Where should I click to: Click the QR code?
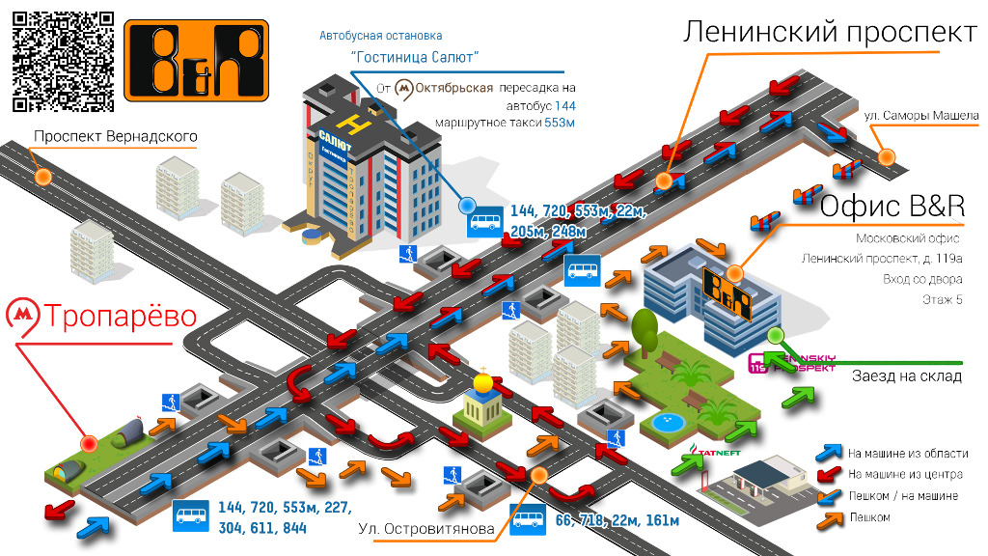[64, 60]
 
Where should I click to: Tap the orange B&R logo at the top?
[195, 60]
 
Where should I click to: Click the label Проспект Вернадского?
[115, 136]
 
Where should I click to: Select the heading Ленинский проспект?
[829, 33]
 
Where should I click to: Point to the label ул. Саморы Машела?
[921, 116]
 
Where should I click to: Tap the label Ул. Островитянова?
[425, 528]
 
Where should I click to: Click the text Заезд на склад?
[906, 375]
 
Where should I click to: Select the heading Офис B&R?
[892, 206]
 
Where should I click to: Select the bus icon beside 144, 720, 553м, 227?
[190, 516]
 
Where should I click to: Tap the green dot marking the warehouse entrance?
[774, 336]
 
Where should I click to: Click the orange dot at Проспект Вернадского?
[43, 177]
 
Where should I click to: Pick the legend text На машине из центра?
[904, 474]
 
